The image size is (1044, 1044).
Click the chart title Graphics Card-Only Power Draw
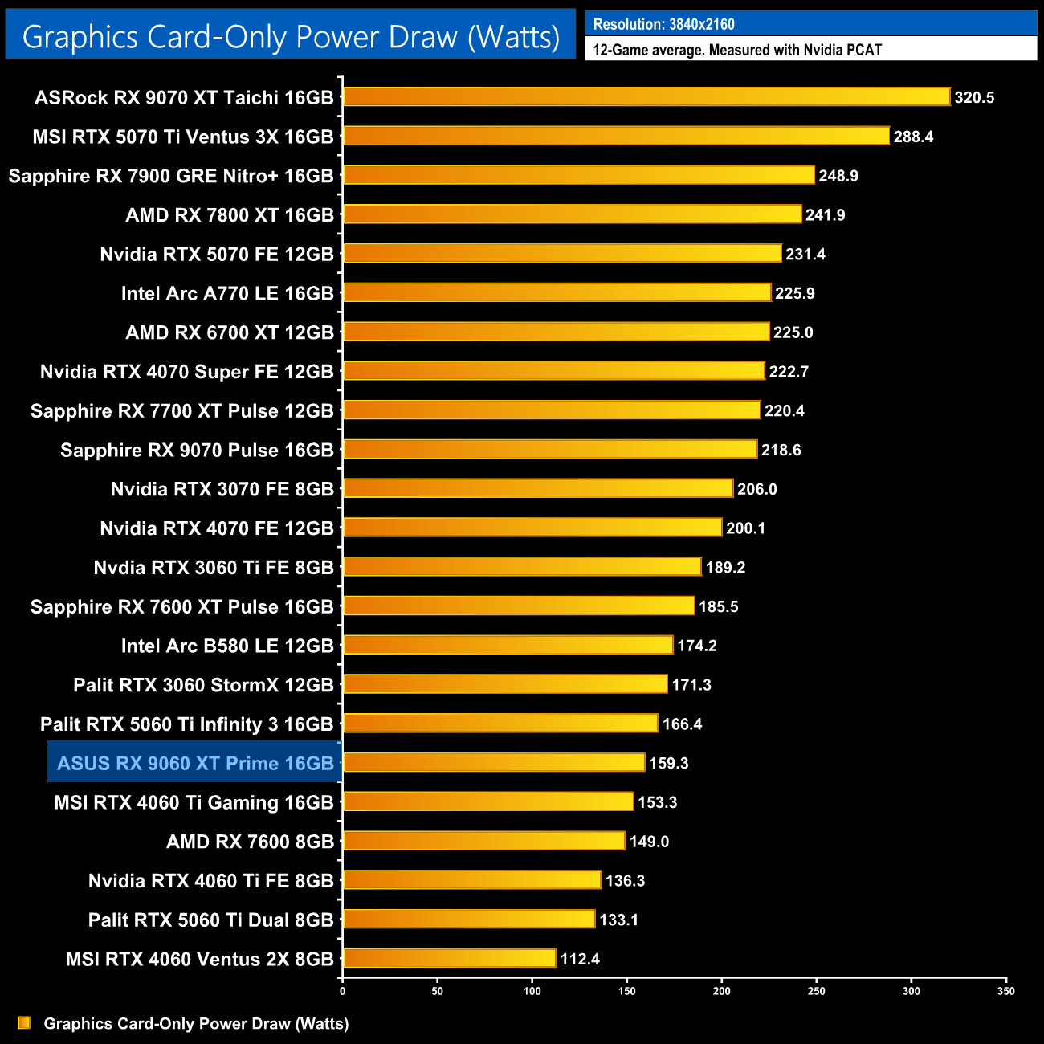[x=291, y=37]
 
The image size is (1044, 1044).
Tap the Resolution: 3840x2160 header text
[x=663, y=24]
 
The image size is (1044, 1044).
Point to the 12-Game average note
[x=737, y=50]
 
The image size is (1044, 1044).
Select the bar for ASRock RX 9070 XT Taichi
[x=646, y=97]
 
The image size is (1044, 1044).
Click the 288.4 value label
[x=913, y=137]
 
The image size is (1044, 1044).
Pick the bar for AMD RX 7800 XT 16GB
[x=572, y=214]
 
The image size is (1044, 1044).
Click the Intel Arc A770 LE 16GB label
[x=227, y=293]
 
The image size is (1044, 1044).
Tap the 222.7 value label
[x=789, y=371]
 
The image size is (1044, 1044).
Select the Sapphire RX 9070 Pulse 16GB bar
[x=550, y=450]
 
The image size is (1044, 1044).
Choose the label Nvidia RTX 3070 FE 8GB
[x=222, y=489]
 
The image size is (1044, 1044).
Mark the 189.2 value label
[x=725, y=568]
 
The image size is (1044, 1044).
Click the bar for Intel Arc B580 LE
[x=508, y=646]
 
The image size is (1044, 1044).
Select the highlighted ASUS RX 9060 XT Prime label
[x=195, y=763]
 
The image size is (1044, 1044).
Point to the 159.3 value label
[x=669, y=763]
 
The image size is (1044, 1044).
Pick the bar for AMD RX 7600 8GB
[x=484, y=842]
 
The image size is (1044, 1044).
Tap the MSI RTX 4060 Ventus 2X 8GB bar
[x=449, y=959]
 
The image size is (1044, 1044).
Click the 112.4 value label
[x=580, y=959]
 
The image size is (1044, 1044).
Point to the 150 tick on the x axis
[x=627, y=991]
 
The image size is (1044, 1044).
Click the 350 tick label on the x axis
[x=1006, y=991]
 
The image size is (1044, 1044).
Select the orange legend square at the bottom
[x=24, y=1023]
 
